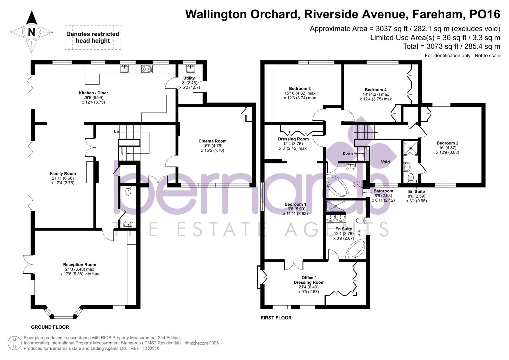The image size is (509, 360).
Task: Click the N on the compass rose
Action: pyautogui.click(x=32, y=32)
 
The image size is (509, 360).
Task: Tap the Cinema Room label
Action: pyautogui.click(x=212, y=141)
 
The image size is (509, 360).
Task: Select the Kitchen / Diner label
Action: pyautogui.click(x=93, y=93)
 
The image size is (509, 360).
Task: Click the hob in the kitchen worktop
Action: pyautogui.click(x=147, y=69)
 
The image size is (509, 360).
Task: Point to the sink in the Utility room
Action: pyautogui.click(x=190, y=68)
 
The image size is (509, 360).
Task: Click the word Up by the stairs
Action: pyautogui.click(x=116, y=132)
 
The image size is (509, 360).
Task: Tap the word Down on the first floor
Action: pyautogui.click(x=348, y=153)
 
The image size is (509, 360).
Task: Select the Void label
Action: pyautogui.click(x=385, y=162)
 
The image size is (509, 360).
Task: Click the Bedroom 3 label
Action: pyautogui.click(x=300, y=88)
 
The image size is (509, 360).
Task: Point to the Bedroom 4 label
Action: pyautogui.click(x=376, y=90)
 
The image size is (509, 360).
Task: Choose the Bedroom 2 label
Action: pyautogui.click(x=447, y=143)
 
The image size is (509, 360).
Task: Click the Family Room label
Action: pyautogui.click(x=63, y=173)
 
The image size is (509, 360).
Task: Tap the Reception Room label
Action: pyautogui.click(x=80, y=265)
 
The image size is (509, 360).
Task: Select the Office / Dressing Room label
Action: pyautogui.click(x=309, y=280)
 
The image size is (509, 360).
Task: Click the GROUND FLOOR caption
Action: pyautogui.click(x=50, y=327)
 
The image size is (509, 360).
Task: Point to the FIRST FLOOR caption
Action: pyautogui.click(x=276, y=318)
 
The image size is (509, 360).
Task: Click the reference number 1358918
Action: pyautogui.click(x=151, y=348)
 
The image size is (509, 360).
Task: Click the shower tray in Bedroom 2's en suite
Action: pyautogui.click(x=411, y=148)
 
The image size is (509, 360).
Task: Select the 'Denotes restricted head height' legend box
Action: pyautogui.click(x=93, y=37)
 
